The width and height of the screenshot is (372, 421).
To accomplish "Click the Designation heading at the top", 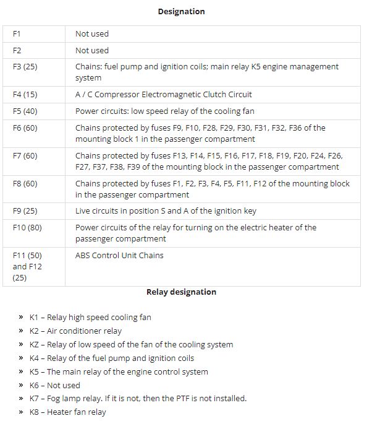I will tap(181, 11).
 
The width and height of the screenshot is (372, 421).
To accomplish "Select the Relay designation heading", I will tap(181, 292).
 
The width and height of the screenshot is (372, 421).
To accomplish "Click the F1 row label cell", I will tap(17, 34).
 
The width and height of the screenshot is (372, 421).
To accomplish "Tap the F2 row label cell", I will tap(17, 51).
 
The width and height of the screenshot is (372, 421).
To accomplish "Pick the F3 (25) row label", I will tap(25, 67).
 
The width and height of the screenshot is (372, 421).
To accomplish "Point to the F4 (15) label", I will tap(25, 95).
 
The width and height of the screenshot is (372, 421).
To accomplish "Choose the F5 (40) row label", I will tap(25, 111).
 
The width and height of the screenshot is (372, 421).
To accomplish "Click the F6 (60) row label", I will tap(25, 128).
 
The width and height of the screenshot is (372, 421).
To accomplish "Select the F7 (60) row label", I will tap(25, 156).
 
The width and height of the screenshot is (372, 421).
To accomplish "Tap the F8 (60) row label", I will tap(25, 184).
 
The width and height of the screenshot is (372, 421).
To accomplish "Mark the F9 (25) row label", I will tap(25, 211).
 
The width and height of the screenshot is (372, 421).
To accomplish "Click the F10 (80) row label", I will tap(27, 228).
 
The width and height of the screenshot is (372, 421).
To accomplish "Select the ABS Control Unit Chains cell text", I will tap(119, 255).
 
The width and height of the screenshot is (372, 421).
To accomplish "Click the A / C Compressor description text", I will tap(163, 95).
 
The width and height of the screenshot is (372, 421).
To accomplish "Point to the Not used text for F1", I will tap(91, 34).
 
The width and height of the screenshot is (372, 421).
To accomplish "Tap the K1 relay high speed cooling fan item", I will tap(90, 318).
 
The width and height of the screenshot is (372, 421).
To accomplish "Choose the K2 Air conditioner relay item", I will tap(75, 331).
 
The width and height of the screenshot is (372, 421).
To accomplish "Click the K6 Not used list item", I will tap(55, 385).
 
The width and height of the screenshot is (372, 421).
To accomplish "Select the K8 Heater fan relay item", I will tap(67, 412).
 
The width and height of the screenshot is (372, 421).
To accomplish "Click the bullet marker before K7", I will tap(21, 399).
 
